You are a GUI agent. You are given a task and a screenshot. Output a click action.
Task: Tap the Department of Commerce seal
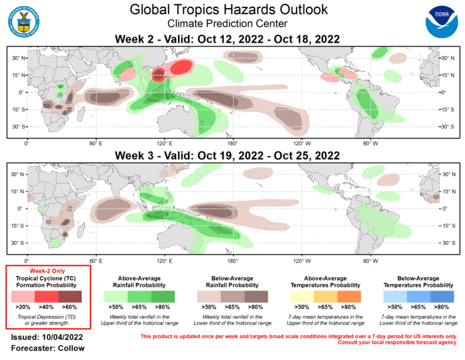(25, 21)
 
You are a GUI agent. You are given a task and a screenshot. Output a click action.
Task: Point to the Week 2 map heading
(229, 39)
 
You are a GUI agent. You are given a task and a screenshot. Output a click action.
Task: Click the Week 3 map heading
(229, 156)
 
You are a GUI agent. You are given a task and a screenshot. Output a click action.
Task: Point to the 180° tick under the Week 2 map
(232, 143)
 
